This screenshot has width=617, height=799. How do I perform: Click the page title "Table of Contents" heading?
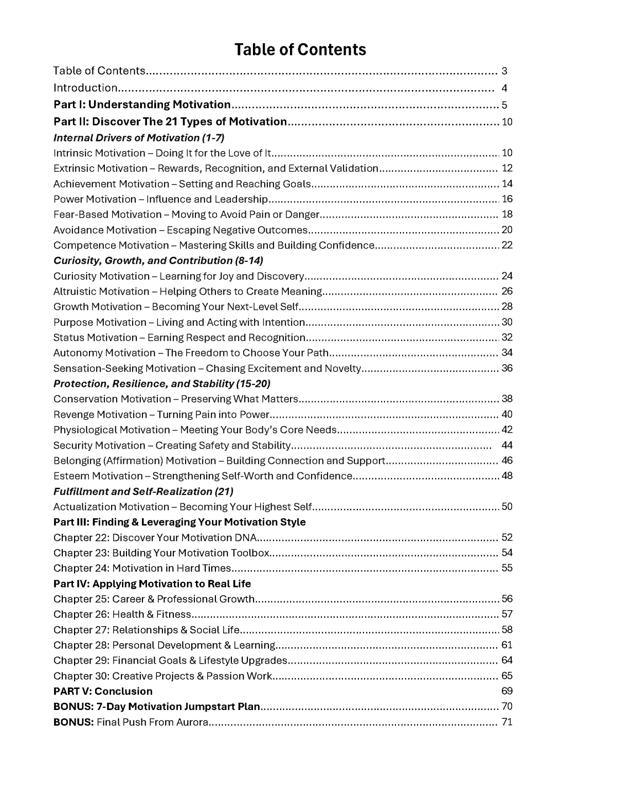(300, 50)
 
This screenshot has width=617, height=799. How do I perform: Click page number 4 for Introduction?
(504, 88)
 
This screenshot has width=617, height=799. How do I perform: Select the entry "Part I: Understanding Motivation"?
(142, 105)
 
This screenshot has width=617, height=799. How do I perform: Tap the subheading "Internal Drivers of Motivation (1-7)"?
(139, 138)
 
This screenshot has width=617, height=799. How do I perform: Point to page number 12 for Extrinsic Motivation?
(507, 168)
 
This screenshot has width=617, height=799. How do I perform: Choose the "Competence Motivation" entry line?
(213, 245)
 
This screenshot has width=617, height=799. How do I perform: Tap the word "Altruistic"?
(75, 291)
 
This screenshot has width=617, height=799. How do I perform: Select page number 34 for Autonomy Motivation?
(507, 353)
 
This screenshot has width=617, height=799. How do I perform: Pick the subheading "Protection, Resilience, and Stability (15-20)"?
(162, 384)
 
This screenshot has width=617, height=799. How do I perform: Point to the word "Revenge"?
(74, 415)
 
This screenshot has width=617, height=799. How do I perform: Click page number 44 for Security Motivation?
(507, 445)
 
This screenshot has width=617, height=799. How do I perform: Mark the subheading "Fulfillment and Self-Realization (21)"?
(143, 491)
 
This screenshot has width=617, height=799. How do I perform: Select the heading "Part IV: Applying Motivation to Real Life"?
(152, 584)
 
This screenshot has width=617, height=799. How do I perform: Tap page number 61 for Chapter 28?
(507, 645)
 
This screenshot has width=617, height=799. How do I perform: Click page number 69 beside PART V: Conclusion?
(507, 691)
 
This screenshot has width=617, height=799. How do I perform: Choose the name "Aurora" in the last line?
(192, 722)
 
